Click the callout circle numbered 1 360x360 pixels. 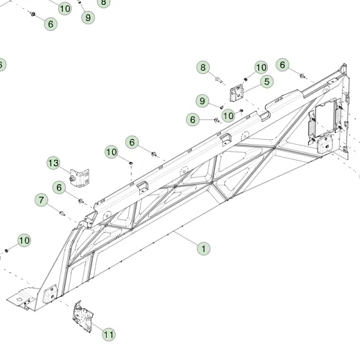point(204,249)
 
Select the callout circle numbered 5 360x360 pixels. point(267,82)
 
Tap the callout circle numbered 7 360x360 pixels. point(42,200)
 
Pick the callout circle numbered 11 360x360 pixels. point(109,334)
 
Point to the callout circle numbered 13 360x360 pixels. point(53,163)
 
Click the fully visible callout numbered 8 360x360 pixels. point(203,67)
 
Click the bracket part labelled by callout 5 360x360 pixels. point(237,93)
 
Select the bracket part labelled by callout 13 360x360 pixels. point(79,178)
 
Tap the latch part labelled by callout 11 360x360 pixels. point(83,317)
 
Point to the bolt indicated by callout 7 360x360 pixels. point(62,213)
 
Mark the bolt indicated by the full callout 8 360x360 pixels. point(219,80)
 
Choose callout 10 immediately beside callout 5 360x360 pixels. point(261,67)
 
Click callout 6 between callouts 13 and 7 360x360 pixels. point(59,188)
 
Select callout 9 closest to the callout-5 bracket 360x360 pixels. point(202,101)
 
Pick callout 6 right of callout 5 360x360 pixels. point(282,65)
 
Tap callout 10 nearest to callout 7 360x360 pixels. point(24,240)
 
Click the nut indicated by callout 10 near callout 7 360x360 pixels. point(6,251)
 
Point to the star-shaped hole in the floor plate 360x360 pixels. point(19,299)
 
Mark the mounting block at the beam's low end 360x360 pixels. point(50,294)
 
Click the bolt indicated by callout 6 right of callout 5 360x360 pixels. point(302,75)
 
